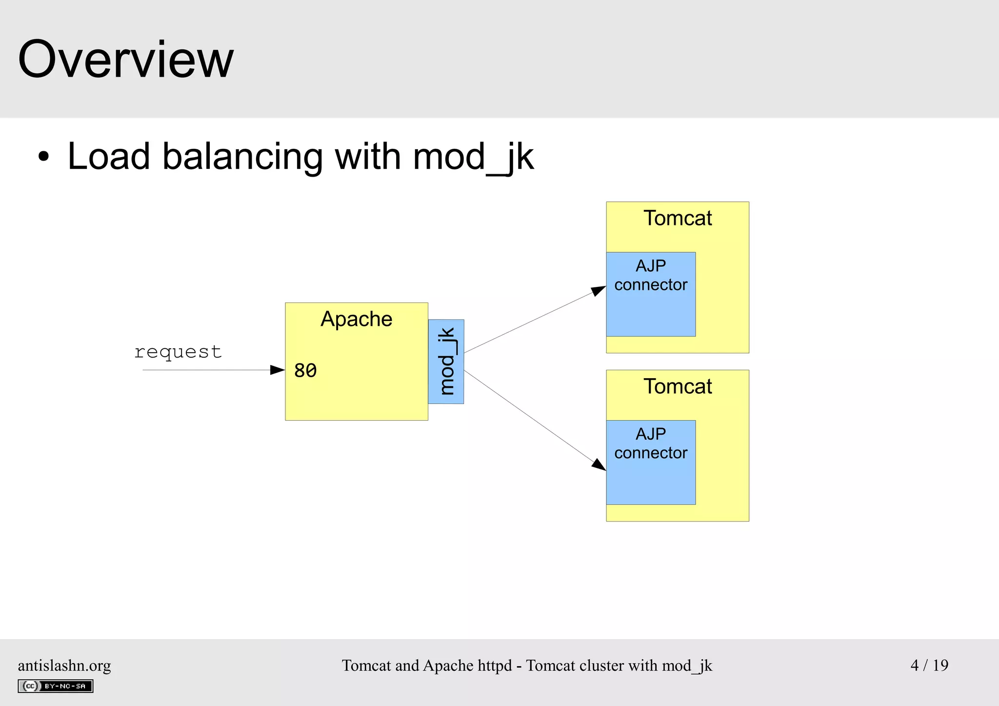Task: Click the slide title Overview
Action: coord(126,60)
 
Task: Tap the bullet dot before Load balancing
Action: coord(44,157)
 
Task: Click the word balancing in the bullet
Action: coord(242,157)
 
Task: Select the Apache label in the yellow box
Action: coord(356,319)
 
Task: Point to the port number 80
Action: coord(305,371)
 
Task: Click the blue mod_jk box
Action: coord(446,362)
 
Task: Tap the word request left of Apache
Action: coord(178,352)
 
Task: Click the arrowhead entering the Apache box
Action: coord(278,370)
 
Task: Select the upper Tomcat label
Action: coord(678,218)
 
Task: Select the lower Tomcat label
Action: coord(678,386)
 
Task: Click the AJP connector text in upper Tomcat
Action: coord(651,276)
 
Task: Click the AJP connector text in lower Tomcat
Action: coord(651,444)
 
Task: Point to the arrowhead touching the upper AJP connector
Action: coord(599,291)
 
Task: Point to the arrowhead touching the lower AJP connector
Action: coord(599,464)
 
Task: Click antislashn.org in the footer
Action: coord(64,666)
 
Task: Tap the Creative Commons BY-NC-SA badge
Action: coord(56,686)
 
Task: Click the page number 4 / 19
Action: coord(929,665)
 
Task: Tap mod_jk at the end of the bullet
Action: coord(473,157)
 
